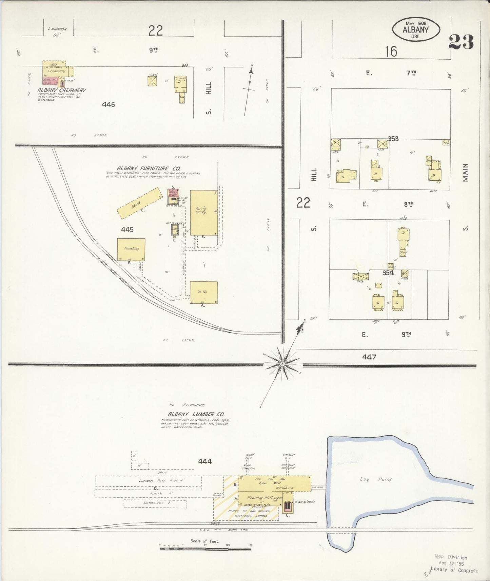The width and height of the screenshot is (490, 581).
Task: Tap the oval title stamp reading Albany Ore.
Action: (x=416, y=29)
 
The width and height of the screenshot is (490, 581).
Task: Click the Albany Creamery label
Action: (x=61, y=90)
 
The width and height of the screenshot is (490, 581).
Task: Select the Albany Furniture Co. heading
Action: (x=149, y=168)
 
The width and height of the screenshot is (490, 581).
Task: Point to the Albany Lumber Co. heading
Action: (x=196, y=414)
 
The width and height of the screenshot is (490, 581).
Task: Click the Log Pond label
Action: (x=375, y=479)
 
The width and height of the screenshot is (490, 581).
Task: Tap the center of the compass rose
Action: (x=282, y=364)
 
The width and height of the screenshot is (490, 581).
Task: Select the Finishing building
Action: (x=131, y=249)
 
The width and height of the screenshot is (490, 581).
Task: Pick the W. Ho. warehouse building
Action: (x=203, y=292)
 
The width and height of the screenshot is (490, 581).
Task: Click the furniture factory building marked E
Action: (x=204, y=212)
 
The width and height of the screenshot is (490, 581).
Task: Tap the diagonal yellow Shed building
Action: (x=139, y=203)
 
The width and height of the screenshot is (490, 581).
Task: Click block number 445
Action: (x=127, y=229)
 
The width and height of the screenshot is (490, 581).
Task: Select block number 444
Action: (x=205, y=461)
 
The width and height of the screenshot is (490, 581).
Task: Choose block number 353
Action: (x=393, y=139)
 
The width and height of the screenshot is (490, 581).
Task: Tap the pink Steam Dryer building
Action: (x=173, y=193)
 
